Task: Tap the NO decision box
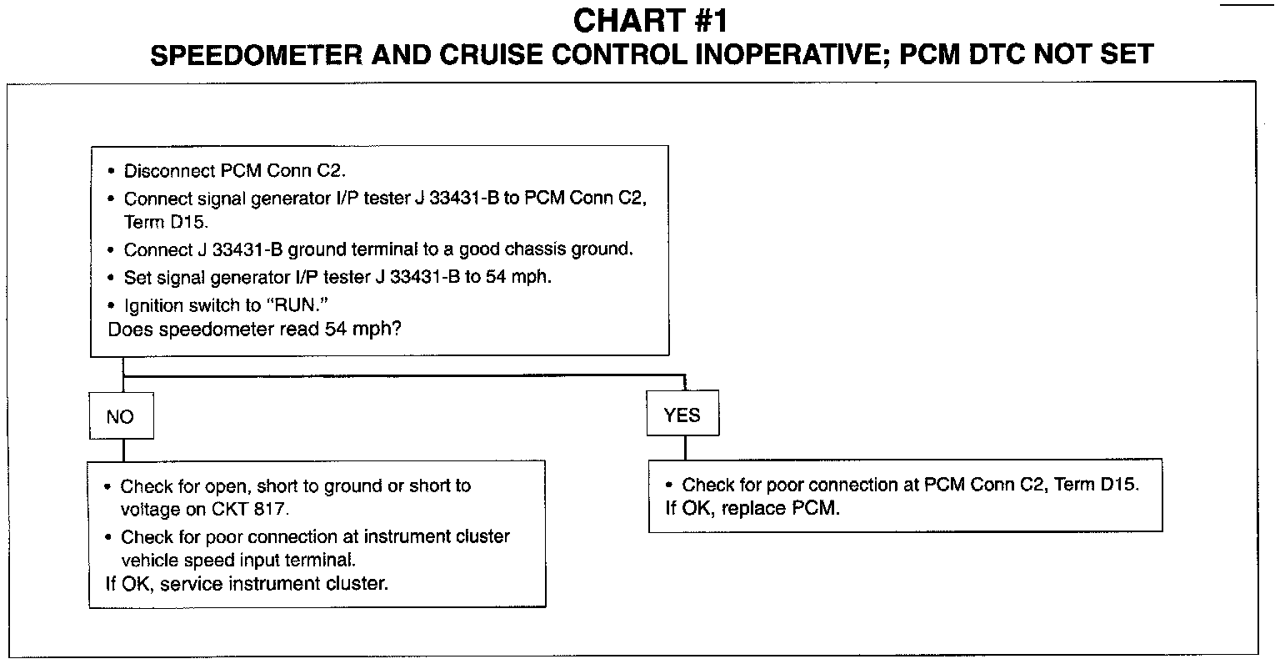[122, 416]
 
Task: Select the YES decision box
[682, 415]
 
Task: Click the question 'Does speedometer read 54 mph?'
[255, 329]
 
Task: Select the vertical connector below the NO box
[122, 449]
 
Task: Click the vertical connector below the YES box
[685, 447]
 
